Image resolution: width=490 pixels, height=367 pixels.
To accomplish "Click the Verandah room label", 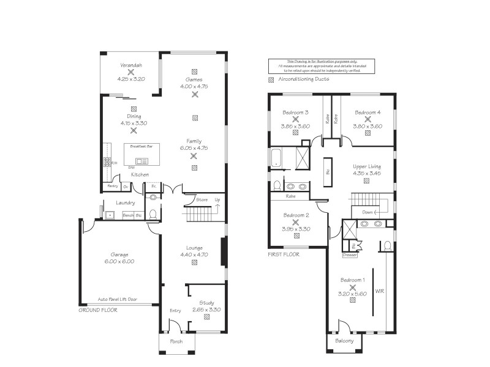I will [x=131, y=65].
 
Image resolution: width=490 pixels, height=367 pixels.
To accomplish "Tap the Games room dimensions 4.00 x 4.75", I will [x=194, y=87].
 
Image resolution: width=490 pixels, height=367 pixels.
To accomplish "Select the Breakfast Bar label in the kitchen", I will [x=142, y=147].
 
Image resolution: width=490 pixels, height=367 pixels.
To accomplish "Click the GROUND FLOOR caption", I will [x=98, y=310].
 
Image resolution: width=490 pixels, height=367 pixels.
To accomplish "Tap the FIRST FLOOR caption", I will [x=284, y=254].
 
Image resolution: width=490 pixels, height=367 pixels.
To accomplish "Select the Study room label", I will [x=206, y=303].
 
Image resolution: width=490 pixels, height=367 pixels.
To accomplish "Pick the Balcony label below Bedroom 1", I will [x=344, y=341].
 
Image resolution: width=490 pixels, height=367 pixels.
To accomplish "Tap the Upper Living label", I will [x=367, y=166].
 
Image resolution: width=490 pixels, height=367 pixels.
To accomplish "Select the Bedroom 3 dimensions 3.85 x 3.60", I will [x=295, y=126].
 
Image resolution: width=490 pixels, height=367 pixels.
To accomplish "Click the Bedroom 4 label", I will [x=367, y=113].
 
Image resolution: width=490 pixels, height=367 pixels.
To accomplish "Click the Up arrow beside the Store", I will [x=217, y=204].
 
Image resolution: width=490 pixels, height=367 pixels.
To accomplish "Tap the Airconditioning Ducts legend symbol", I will [x=271, y=80].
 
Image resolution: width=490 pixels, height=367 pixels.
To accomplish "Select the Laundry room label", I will [x=126, y=203].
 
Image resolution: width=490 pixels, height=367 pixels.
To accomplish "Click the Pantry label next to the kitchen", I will [x=113, y=185].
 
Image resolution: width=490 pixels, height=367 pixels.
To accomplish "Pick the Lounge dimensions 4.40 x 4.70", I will [x=194, y=255].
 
